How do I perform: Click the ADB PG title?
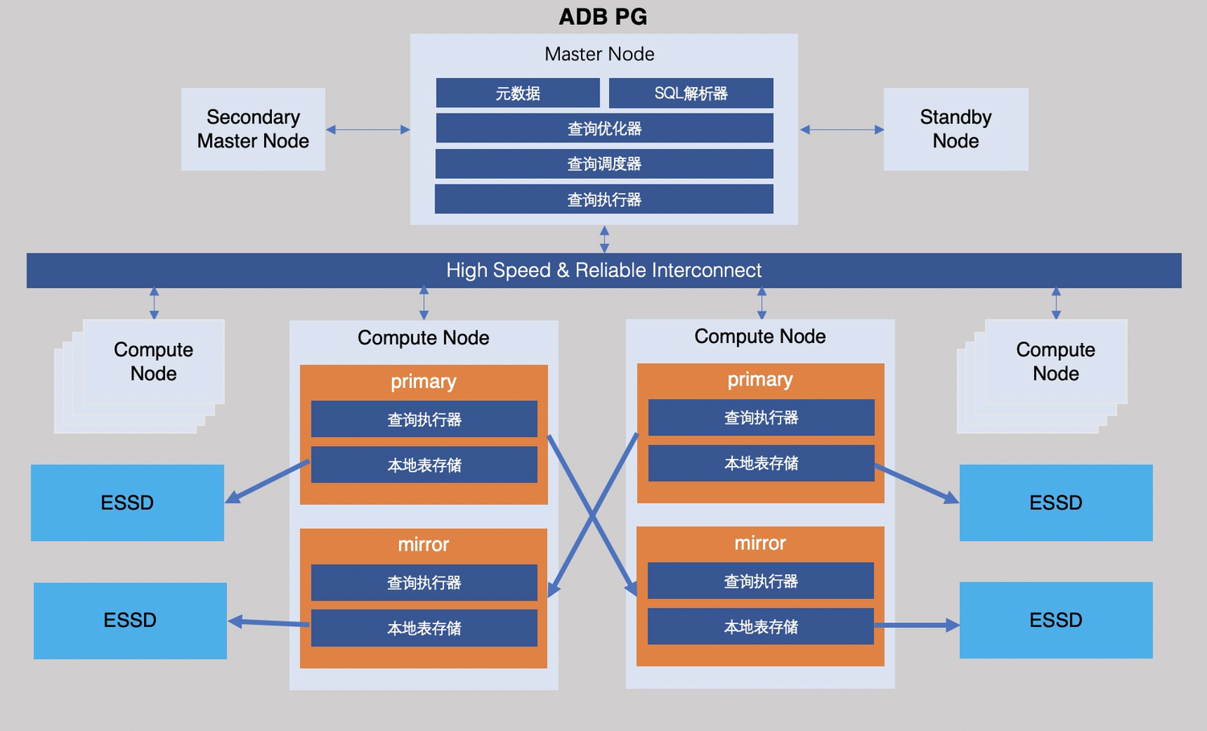coord(603,17)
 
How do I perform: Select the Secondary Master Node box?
coord(253,129)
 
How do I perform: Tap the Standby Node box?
coord(955,129)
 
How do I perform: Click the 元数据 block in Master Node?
coord(517,93)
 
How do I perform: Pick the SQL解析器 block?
coord(690,93)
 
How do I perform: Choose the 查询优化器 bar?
coord(603,129)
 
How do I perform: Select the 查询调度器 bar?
coord(603,164)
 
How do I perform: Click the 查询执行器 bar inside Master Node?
coord(603,200)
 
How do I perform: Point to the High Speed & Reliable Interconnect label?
coord(603,271)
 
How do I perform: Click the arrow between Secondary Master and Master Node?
coord(368,130)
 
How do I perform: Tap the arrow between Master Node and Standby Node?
coord(842,130)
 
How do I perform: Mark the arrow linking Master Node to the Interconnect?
coord(604,239)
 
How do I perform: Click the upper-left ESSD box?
coord(127,502)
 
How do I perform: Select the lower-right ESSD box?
coord(1056,620)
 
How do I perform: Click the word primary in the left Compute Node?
coord(423,382)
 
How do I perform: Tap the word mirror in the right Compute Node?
coord(760,543)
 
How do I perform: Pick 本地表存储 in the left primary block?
coord(424,465)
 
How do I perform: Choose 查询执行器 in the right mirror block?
coord(760,581)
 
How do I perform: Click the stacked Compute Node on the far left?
coord(153,361)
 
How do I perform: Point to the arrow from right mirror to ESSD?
coord(917,625)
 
